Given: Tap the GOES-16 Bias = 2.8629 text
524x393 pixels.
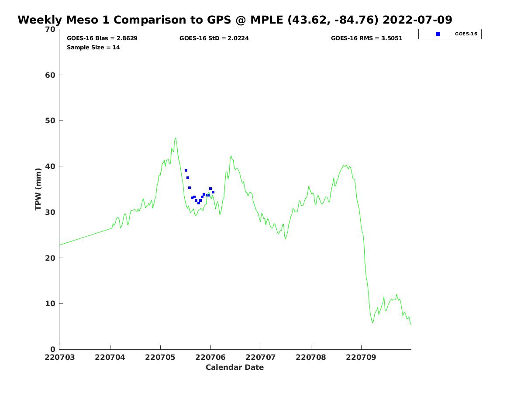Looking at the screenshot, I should [x=102, y=38].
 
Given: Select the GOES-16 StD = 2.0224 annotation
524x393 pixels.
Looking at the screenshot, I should [x=214, y=38].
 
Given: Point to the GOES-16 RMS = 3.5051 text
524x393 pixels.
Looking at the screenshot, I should [x=366, y=38].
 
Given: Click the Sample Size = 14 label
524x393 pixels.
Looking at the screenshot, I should [x=93, y=48].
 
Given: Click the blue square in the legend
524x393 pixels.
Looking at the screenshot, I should [x=438, y=34].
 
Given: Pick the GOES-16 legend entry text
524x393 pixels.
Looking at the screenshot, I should [x=466, y=34].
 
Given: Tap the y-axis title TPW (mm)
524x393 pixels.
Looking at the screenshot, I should [x=38, y=189].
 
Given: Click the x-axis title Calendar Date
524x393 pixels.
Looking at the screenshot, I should [x=234, y=368].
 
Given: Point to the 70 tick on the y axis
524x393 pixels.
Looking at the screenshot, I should [x=51, y=29].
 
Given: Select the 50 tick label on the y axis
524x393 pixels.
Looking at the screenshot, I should [x=51, y=121].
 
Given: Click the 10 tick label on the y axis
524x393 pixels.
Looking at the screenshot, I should [x=51, y=304].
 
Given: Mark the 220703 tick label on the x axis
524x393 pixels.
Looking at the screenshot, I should [x=60, y=357].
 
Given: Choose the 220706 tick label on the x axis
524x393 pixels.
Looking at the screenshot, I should [x=210, y=357].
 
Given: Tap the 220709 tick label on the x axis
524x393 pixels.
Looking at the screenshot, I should [x=361, y=357].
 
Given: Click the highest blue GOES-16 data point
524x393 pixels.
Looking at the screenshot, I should [x=186, y=170].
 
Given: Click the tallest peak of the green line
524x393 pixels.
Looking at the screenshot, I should [x=176, y=138].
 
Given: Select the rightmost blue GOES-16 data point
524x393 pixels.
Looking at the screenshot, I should [x=213, y=192].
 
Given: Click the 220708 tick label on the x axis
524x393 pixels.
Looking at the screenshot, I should [x=311, y=357].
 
